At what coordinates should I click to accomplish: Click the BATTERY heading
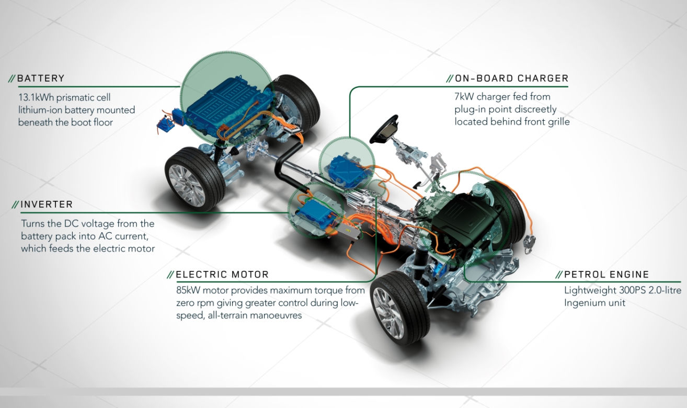(41, 78)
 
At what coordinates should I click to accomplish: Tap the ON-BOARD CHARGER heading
(511, 78)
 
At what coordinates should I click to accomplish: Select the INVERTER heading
(47, 205)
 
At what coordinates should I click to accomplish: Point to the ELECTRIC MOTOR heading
(222, 275)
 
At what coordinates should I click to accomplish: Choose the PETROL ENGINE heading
(606, 275)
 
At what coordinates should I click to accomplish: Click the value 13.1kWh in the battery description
(36, 97)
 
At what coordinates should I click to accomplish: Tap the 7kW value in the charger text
(464, 97)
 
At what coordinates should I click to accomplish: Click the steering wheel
(384, 129)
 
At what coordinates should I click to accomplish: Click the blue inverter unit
(316, 212)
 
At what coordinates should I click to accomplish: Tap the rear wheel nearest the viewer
(194, 179)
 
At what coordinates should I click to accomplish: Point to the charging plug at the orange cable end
(530, 244)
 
